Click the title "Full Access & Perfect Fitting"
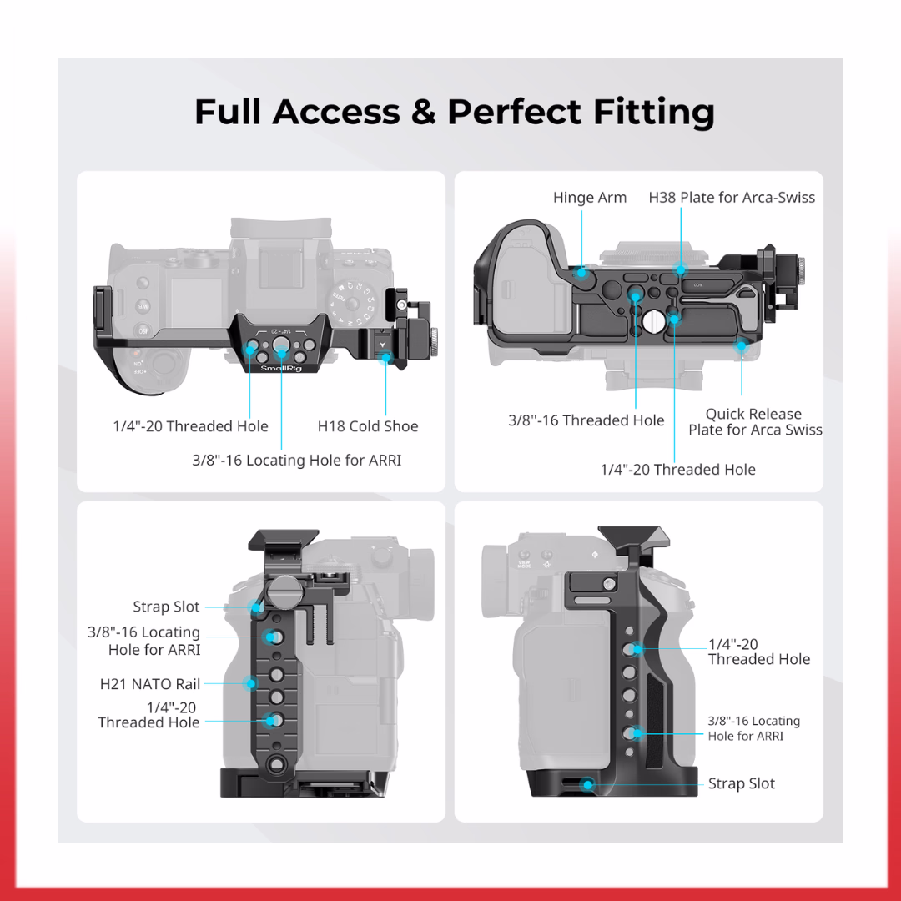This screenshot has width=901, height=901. click(454, 112)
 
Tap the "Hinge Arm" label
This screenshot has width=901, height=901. click(589, 198)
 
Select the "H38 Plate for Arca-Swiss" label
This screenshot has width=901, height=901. click(732, 198)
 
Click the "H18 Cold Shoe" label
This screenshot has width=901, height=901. click(368, 426)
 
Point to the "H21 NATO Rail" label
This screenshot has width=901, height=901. click(150, 684)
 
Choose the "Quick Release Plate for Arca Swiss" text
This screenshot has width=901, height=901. click(754, 422)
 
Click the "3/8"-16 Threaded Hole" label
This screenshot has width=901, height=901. click(586, 420)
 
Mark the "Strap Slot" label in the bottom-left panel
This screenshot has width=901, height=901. click(167, 607)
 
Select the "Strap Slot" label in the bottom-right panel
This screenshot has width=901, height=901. click(741, 783)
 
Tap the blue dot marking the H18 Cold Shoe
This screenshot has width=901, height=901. click(385, 357)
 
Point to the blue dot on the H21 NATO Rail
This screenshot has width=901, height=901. click(250, 683)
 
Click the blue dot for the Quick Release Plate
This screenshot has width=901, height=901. click(741, 345)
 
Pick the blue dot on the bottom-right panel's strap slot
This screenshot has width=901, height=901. click(588, 784)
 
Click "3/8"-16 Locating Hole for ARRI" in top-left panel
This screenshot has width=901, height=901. click(296, 460)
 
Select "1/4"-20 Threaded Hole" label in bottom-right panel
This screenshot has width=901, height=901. click(758, 652)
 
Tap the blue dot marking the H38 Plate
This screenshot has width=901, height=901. click(681, 269)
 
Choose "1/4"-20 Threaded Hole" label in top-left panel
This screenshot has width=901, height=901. click(190, 426)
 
